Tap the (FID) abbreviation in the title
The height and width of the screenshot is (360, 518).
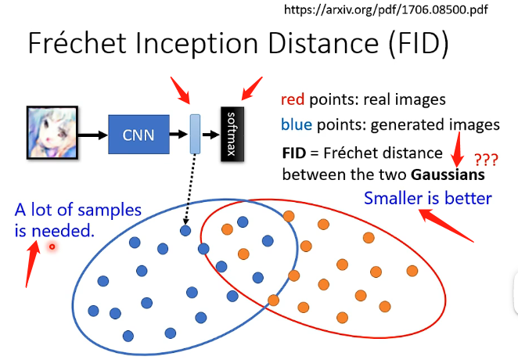coord(411,44)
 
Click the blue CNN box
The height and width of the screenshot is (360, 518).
coord(138,135)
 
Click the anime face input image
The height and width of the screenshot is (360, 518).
coord(52,134)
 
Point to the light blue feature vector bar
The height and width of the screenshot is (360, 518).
coord(196,134)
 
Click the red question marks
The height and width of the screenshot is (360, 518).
coord(487,160)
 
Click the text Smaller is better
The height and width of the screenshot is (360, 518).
coord(427,197)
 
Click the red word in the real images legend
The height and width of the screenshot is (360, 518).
coord(293,100)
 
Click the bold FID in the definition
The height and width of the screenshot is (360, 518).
coord(294,153)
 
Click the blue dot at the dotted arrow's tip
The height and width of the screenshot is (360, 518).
coord(185,230)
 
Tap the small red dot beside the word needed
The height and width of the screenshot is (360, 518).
coord(52,246)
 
